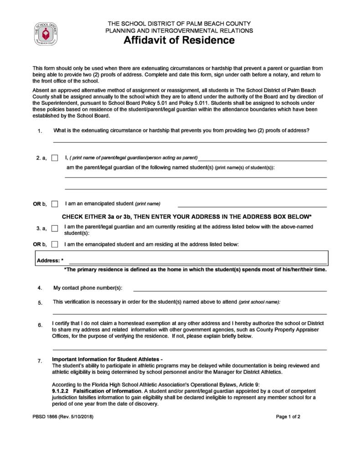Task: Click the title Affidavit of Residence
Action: (179, 41)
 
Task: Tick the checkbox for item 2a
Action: (55, 158)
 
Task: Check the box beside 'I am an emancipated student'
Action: (55, 203)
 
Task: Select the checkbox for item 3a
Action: (55, 228)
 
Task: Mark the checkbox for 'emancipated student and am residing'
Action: (55, 244)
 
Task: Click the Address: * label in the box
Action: (50, 260)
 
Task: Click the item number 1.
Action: (40, 131)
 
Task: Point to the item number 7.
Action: (40, 361)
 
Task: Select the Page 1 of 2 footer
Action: (288, 417)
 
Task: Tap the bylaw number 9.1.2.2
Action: (60, 391)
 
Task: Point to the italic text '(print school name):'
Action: (260, 302)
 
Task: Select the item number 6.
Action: (40, 325)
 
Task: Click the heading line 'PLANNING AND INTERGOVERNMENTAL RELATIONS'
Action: (179, 31)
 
